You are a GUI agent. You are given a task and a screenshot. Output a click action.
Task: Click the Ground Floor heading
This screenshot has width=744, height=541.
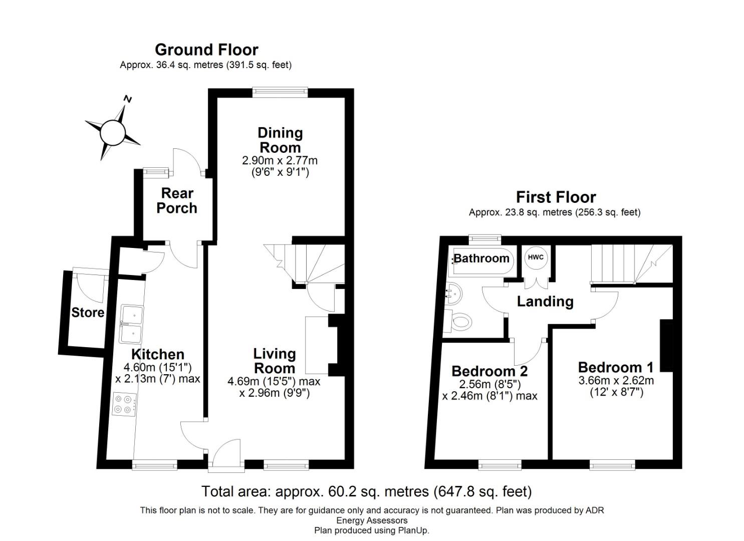tap(206, 50)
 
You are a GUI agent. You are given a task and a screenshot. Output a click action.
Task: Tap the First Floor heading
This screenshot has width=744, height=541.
tap(556, 197)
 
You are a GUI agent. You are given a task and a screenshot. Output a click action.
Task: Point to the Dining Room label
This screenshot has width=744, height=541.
tap(280, 140)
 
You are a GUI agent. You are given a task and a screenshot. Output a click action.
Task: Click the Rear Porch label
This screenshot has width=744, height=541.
tap(177, 200)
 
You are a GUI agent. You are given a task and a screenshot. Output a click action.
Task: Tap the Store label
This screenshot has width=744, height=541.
tap(88, 313)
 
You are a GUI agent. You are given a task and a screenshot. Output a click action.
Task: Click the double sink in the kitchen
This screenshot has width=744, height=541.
tap(132, 324)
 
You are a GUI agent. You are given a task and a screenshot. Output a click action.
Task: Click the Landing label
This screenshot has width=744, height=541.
tap(545, 302)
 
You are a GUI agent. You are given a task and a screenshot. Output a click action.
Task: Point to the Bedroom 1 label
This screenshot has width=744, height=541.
tap(616, 367)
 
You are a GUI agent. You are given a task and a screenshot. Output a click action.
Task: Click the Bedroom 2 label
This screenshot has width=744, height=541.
tap(489, 371)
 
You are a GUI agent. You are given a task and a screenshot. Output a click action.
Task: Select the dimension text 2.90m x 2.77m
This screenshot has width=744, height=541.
tap(280, 161)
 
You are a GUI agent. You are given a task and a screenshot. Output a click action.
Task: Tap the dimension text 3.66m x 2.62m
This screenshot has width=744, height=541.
tap(616, 380)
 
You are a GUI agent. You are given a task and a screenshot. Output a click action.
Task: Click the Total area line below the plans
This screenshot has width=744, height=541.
tap(366, 491)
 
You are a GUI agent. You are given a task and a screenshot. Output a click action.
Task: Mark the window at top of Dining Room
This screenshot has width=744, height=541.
tap(280, 91)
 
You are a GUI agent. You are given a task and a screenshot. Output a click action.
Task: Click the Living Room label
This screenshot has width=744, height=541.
tap(275, 361)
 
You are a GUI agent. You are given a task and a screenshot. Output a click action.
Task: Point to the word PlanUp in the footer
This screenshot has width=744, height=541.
tap(413, 530)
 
